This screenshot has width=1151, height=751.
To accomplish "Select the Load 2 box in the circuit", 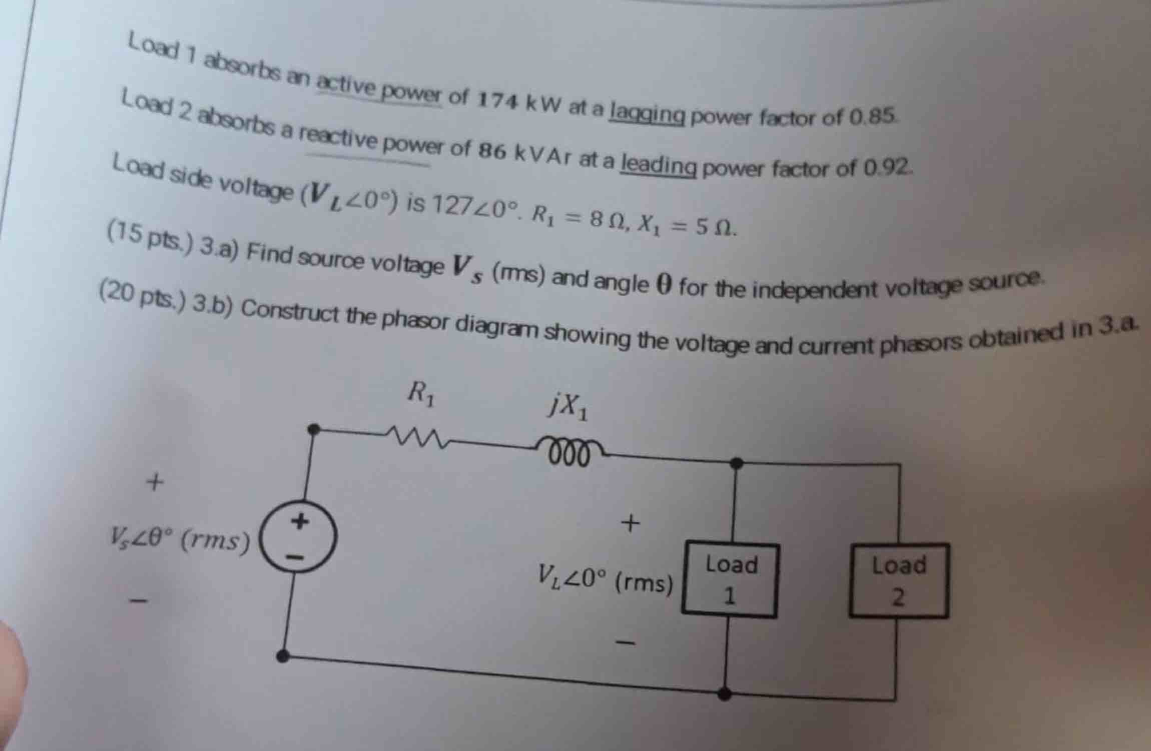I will [x=899, y=580].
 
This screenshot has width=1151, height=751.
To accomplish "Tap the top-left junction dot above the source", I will [x=314, y=429].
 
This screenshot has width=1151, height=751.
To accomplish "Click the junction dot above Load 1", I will [x=736, y=463].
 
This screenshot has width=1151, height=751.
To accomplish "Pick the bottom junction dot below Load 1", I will [x=725, y=693].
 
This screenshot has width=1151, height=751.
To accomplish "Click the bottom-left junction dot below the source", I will [x=283, y=656].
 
